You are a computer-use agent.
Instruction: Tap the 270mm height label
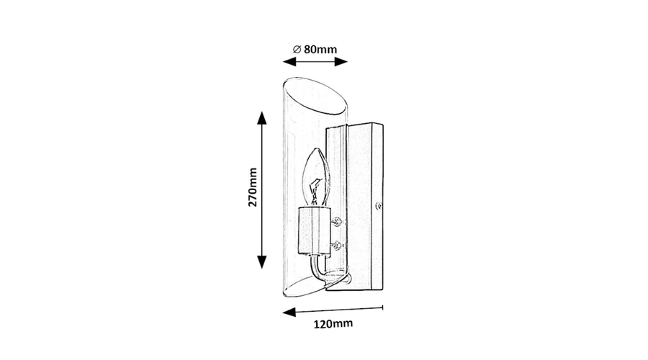[253, 187]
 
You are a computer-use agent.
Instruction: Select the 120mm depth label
[333, 323]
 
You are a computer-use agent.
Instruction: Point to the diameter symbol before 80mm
[297, 49]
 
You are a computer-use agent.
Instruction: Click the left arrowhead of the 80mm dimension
[289, 62]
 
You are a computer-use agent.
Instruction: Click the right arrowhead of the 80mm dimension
[341, 62]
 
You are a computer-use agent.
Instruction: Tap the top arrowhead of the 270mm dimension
[261, 118]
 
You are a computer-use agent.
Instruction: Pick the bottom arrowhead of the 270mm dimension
[261, 262]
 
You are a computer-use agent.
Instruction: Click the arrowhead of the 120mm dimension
[289, 312]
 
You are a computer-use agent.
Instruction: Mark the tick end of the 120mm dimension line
[383, 307]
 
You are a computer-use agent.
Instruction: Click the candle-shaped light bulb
[316, 177]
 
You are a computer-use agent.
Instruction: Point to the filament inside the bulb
[316, 191]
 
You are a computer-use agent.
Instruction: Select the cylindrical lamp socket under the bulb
[314, 230]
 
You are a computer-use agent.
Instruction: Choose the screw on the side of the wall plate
[378, 205]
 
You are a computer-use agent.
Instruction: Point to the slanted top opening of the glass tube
[315, 95]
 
